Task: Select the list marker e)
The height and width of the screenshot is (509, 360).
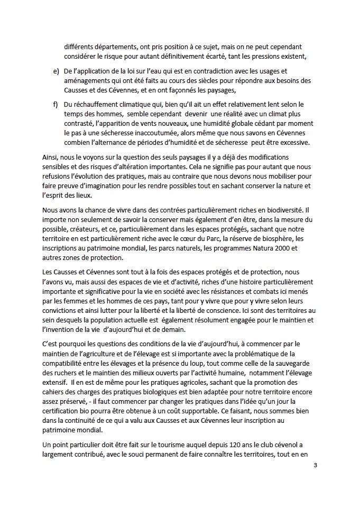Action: tap(56, 71)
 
